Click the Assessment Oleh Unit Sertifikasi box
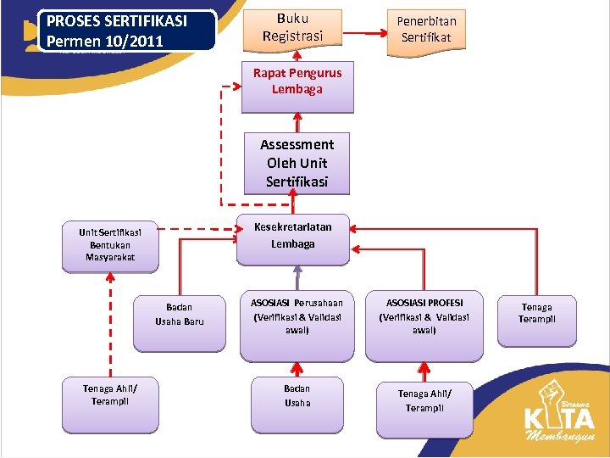pos(297,163)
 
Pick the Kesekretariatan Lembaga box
pos(293,236)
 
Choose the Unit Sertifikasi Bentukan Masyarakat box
pos(110,245)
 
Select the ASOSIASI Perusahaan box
pos(297,316)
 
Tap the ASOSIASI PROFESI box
pos(424,316)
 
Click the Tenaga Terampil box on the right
pos(537,315)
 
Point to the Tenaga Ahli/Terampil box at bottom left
pos(111,395)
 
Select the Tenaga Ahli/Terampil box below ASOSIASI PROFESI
pos(424,400)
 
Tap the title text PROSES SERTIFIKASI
pos(117,21)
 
